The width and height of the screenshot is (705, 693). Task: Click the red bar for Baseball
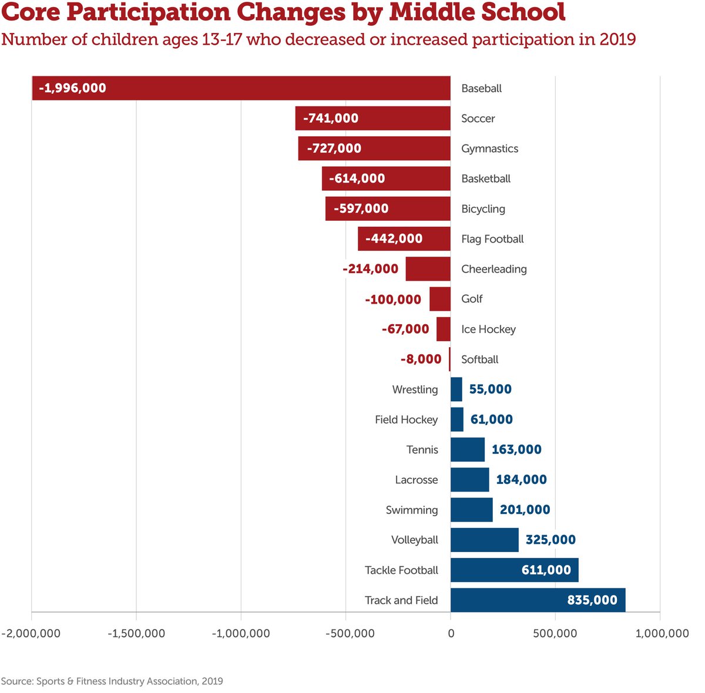(x=241, y=88)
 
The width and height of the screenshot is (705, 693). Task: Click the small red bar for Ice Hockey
(x=444, y=329)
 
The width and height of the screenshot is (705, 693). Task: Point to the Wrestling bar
(x=456, y=389)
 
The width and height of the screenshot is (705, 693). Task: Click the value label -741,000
(x=331, y=118)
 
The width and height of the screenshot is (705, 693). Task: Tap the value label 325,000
(x=550, y=540)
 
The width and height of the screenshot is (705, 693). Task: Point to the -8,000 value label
(x=421, y=359)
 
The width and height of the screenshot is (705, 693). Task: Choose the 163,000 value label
(x=516, y=449)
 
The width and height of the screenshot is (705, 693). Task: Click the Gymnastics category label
(x=489, y=149)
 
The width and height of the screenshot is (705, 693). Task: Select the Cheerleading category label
(x=493, y=269)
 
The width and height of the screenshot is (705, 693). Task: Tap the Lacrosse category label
(x=417, y=480)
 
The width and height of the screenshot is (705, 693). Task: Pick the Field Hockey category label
(x=406, y=419)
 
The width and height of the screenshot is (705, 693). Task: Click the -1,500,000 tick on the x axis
(x=136, y=633)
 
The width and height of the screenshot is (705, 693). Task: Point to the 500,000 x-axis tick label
(x=555, y=633)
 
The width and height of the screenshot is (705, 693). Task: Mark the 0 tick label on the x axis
(x=451, y=633)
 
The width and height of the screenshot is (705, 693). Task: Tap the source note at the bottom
(x=112, y=681)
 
